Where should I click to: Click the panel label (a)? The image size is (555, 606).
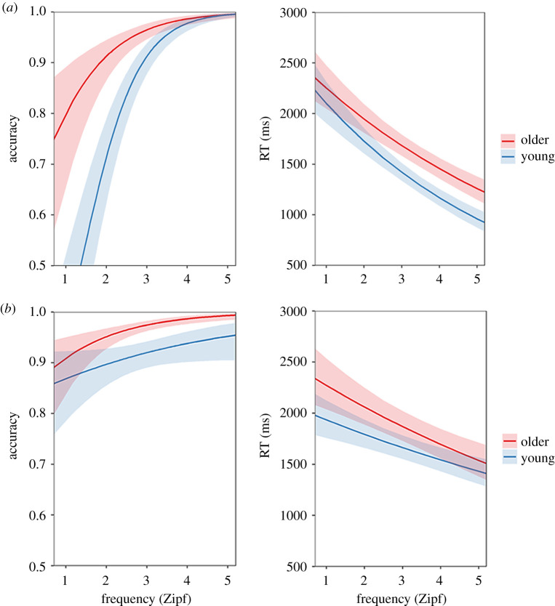tap(10, 8)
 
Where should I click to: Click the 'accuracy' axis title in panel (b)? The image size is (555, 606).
tap(10, 438)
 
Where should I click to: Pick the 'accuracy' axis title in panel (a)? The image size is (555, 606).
tap(10, 138)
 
